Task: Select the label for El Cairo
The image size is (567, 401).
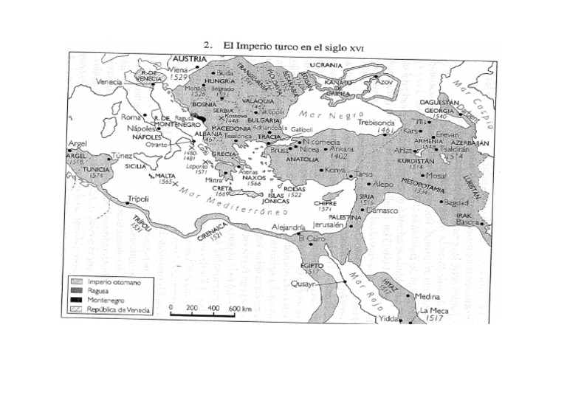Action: [x=312, y=239]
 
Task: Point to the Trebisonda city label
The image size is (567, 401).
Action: [x=377, y=122]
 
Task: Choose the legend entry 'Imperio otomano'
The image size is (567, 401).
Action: [x=112, y=281]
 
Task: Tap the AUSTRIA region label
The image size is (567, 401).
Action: [x=190, y=57]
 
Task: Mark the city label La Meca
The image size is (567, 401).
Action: [x=434, y=311]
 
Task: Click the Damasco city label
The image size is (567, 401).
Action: [x=382, y=210]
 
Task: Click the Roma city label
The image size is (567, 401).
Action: [x=131, y=117]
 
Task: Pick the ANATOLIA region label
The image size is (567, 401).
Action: [x=303, y=159]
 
